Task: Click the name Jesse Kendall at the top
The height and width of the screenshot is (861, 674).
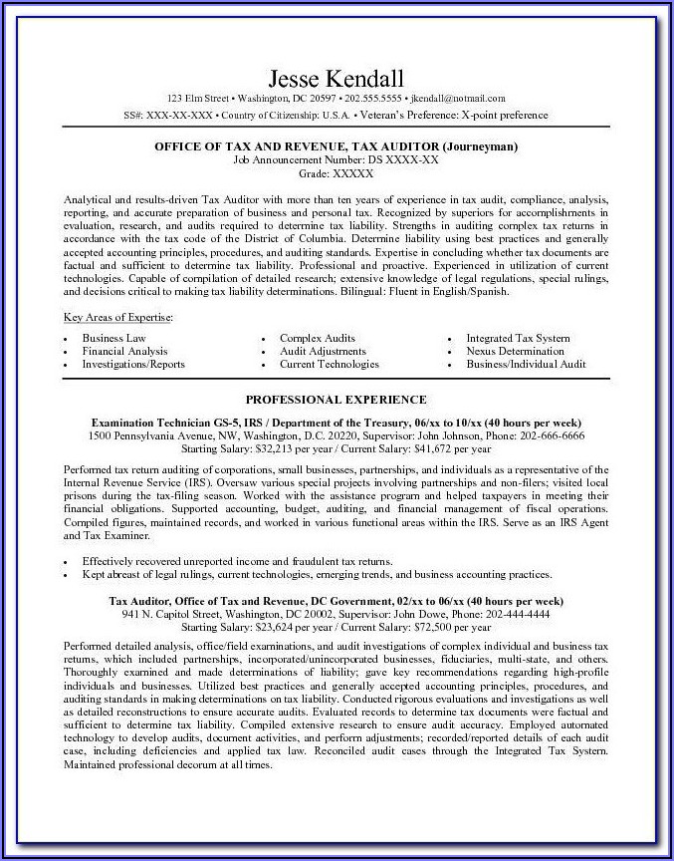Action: tap(336, 78)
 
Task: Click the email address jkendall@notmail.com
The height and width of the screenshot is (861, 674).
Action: tap(460, 99)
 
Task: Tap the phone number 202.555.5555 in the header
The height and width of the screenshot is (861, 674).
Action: tap(373, 99)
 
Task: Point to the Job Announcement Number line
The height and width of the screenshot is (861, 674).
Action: tap(336, 159)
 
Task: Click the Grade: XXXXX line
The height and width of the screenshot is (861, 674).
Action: tap(336, 173)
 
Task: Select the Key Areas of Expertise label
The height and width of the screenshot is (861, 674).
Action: tap(117, 316)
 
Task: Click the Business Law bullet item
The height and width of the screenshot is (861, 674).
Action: tap(113, 339)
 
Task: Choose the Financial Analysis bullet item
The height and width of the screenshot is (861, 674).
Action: tap(124, 352)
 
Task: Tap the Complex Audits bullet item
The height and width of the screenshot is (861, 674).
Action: tap(317, 339)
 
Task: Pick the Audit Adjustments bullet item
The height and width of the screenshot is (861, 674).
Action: tap(323, 352)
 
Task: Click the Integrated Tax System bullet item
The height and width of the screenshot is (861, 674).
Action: tap(519, 339)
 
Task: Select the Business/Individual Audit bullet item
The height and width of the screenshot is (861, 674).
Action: tap(526, 365)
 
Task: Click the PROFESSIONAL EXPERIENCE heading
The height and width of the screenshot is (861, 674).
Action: tap(336, 400)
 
